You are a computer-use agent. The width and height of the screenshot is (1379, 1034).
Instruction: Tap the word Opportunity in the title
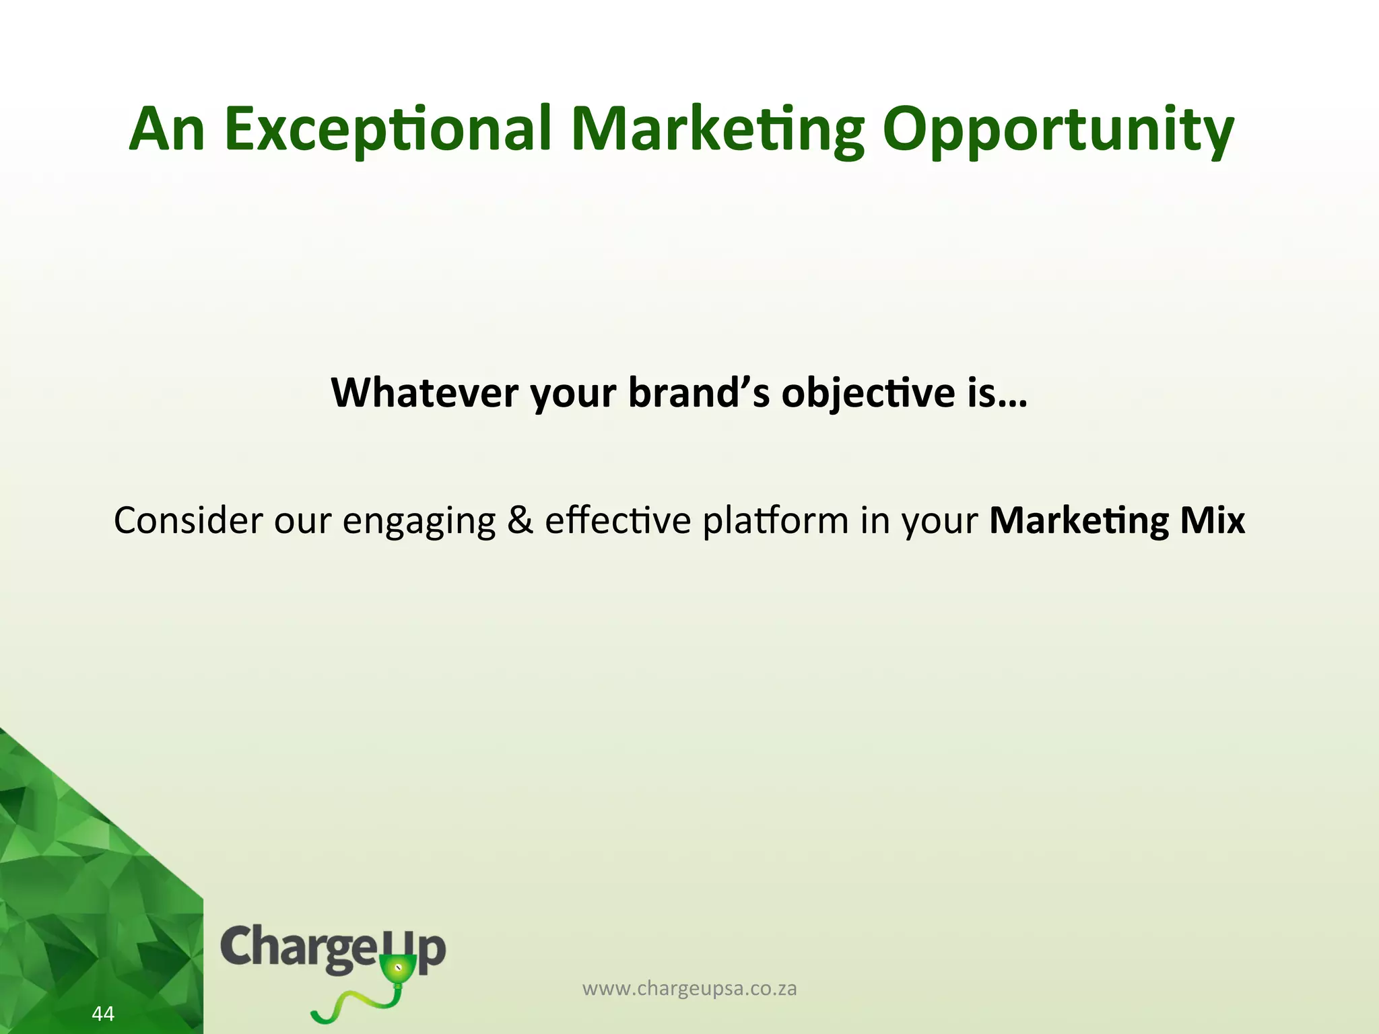coord(1058,131)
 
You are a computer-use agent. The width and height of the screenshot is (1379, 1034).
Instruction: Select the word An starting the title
coord(167,129)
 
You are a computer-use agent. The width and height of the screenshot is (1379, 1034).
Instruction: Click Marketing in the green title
coord(716,131)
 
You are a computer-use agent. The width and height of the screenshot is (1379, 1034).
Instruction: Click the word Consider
coord(188,520)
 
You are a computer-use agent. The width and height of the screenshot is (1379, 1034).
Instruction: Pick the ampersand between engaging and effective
coord(520,520)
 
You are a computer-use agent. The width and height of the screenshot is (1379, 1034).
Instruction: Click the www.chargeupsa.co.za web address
coord(689,989)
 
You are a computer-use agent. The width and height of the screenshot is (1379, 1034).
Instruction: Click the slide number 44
coord(103,1013)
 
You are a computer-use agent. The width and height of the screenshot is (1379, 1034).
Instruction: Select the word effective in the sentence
coord(617,520)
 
